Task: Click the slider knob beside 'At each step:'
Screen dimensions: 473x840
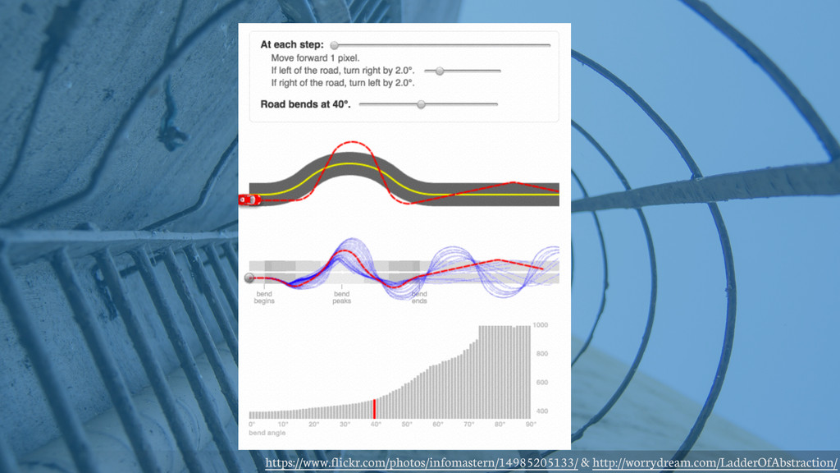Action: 334,45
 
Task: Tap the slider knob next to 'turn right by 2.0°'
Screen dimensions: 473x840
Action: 440,71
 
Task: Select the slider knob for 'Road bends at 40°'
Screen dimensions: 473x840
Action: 421,104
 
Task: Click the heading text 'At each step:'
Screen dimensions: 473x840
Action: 292,44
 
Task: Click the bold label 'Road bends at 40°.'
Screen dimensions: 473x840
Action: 305,104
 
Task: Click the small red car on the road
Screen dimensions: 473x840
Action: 249,200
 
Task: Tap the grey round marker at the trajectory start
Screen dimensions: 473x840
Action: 249,278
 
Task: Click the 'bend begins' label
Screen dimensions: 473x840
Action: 264,297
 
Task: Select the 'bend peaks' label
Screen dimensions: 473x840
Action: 342,297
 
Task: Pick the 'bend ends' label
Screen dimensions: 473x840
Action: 419,297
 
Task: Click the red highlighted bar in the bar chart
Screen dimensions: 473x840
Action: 375,409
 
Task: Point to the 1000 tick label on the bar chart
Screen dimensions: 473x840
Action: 541,325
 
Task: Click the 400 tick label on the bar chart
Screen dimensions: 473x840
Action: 541,411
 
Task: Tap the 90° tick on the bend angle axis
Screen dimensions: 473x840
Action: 531,425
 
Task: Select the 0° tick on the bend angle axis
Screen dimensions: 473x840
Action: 252,425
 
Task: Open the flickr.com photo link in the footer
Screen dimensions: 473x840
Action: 421,464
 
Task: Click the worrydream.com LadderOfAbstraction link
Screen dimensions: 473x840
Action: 714,464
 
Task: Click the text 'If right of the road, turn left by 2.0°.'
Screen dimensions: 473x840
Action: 343,83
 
